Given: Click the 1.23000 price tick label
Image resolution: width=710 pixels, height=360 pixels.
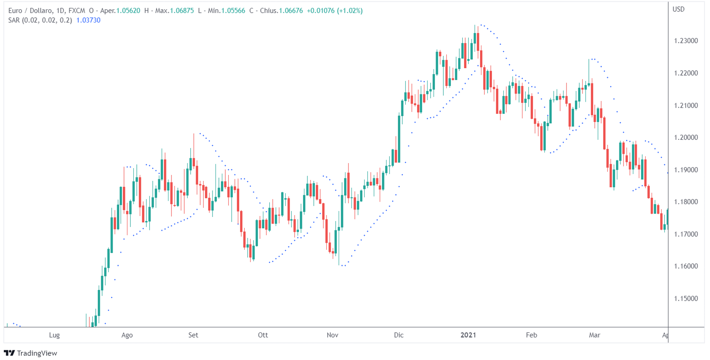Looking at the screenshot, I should [x=685, y=41].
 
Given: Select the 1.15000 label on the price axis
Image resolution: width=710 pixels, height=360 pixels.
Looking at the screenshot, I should [x=685, y=299].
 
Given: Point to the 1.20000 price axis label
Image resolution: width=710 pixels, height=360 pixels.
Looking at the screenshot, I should [x=685, y=138].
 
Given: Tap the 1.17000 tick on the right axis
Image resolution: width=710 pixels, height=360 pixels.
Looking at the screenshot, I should [x=685, y=234].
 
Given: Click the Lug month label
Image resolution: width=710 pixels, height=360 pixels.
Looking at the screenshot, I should [x=54, y=335].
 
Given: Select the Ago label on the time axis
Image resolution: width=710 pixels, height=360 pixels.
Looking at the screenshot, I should [x=127, y=335].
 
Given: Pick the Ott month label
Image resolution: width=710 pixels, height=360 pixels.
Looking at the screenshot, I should [x=263, y=335].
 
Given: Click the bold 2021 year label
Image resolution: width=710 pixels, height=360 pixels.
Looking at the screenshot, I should [x=468, y=335].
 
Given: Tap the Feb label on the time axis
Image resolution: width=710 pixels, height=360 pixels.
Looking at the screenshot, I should [x=531, y=335].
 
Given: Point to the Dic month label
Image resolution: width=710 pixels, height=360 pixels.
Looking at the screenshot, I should [x=399, y=335].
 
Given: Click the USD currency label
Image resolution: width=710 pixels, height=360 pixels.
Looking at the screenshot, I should [x=678, y=9].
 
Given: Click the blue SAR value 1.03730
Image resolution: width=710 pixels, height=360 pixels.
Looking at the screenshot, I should [x=88, y=20].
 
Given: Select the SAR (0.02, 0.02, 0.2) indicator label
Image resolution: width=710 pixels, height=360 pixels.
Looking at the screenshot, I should [x=40, y=20].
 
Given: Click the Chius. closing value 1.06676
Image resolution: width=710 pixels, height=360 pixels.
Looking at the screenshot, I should [x=291, y=11].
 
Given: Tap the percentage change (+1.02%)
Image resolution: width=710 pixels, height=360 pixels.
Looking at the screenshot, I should [x=350, y=11].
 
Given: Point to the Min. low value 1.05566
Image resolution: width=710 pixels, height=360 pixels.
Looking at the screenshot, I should [x=233, y=11].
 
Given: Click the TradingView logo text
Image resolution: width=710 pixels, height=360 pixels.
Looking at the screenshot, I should [x=37, y=353].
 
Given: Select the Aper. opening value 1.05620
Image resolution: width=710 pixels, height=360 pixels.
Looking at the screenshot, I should [x=128, y=11].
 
